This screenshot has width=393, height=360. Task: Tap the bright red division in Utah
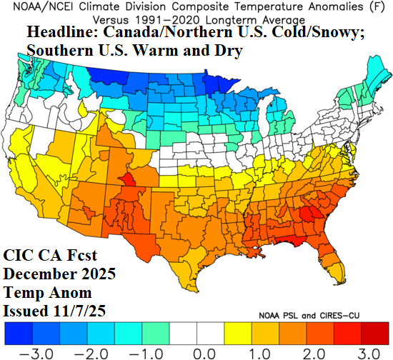(x=127, y=180)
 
